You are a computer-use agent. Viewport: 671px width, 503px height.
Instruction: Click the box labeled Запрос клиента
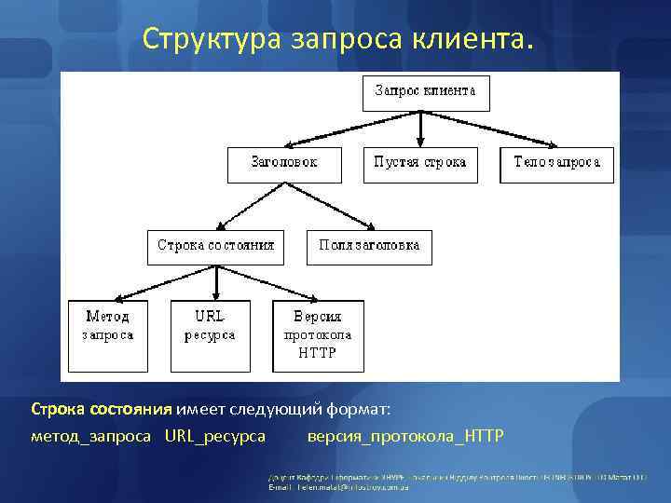[425, 92]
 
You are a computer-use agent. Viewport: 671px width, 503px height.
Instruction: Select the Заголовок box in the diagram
[284, 163]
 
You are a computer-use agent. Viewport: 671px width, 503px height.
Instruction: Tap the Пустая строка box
[420, 163]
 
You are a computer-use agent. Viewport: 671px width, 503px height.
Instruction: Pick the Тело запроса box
[557, 163]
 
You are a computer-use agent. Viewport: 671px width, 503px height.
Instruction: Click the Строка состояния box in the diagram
[215, 246]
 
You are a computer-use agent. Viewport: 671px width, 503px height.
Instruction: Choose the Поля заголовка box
[369, 246]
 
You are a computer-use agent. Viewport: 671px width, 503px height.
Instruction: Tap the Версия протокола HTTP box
[318, 333]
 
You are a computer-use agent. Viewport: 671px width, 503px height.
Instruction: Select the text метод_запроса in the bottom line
[91, 435]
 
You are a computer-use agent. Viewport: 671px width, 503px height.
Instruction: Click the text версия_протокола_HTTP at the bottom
[404, 435]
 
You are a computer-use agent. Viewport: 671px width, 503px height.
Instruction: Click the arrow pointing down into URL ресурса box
[215, 282]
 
